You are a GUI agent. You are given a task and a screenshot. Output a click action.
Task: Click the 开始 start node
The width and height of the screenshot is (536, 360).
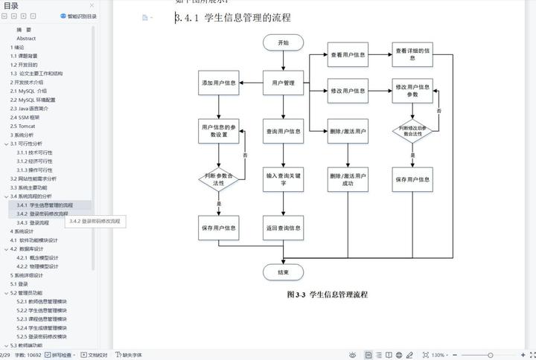pyautogui.click(x=284, y=43)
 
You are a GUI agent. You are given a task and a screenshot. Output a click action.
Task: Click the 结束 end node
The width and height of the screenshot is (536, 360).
pyautogui.click(x=284, y=272)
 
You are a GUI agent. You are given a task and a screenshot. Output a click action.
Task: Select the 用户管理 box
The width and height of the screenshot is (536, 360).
pyautogui.click(x=284, y=83)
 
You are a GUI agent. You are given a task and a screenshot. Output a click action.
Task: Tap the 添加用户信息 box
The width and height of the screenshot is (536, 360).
pyautogui.click(x=219, y=83)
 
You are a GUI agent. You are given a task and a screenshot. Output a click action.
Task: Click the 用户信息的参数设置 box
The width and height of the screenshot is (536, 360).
pyautogui.click(x=219, y=132)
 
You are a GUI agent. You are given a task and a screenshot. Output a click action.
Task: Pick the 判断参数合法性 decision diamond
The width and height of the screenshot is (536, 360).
pyautogui.click(x=219, y=179)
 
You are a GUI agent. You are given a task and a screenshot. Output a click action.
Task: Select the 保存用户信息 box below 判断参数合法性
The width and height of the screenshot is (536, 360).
pyautogui.click(x=219, y=228)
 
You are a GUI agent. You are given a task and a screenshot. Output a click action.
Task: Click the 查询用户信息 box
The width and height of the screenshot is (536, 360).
pyautogui.click(x=284, y=132)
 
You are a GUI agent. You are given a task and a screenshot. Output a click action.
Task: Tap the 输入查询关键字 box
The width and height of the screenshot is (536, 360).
pyautogui.click(x=284, y=179)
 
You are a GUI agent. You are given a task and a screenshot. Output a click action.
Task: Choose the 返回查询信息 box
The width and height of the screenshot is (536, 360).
pyautogui.click(x=284, y=228)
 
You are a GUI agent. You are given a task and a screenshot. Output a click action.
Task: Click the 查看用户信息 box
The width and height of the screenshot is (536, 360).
pyautogui.click(x=348, y=55)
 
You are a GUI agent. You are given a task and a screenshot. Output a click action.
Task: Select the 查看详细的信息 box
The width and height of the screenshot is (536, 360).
pyautogui.click(x=413, y=55)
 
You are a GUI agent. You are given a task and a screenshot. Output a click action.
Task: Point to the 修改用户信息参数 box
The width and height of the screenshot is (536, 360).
pyautogui.click(x=413, y=91)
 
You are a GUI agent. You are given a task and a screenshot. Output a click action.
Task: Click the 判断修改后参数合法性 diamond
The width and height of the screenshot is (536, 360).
pyautogui.click(x=413, y=132)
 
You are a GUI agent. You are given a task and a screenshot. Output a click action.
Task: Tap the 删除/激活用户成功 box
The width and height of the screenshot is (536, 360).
pyautogui.click(x=348, y=179)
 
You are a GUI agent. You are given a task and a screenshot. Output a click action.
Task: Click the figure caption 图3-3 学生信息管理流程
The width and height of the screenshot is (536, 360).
pyautogui.click(x=327, y=295)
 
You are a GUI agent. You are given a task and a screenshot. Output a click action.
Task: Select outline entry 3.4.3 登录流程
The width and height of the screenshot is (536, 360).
pyautogui.click(x=33, y=222)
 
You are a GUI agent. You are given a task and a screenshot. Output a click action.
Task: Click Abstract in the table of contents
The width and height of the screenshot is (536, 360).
pyautogui.click(x=26, y=38)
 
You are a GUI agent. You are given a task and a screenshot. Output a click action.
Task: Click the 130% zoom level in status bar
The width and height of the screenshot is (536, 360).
pyautogui.click(x=438, y=355)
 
